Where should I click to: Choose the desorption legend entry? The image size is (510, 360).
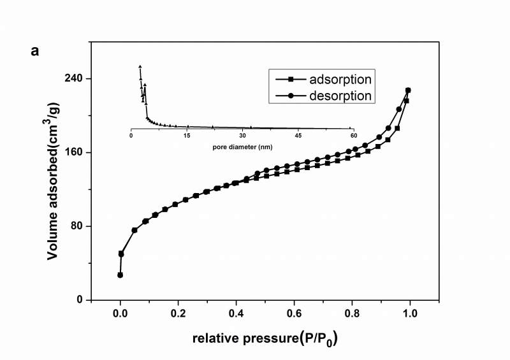click(340, 96)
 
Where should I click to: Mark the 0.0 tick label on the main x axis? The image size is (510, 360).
click(120, 313)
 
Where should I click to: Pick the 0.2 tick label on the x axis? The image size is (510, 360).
click(178, 313)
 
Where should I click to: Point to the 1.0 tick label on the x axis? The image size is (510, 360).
click(410, 313)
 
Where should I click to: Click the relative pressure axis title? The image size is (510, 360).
click(265, 338)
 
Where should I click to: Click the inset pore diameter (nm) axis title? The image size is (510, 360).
click(242, 146)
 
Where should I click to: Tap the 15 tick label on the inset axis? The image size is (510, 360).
click(187, 136)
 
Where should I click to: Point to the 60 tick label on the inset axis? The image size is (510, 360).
click(353, 136)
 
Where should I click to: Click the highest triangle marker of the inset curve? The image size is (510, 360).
click(140, 66)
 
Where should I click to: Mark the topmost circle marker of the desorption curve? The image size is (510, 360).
click(408, 90)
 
